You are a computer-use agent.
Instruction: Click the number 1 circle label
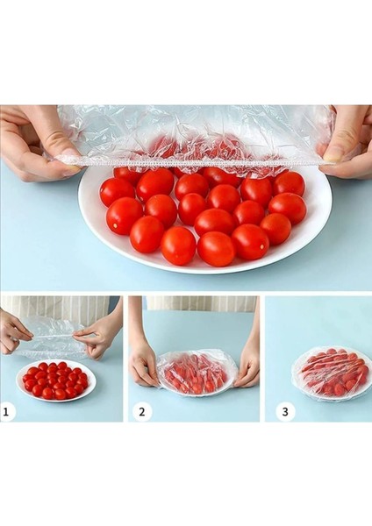coord(7,411)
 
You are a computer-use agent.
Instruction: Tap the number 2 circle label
coord(141,412)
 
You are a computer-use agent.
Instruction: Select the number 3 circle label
coord(285,412)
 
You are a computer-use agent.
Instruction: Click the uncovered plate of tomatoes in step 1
coord(56,381)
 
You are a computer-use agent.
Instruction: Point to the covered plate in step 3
coord(331,373)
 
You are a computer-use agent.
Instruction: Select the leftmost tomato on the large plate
coord(117,192)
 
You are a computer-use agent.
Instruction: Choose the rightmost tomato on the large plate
coord(288,208)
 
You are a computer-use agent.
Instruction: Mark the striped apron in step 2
coord(202,304)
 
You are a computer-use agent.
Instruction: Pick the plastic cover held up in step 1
coord(50,338)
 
